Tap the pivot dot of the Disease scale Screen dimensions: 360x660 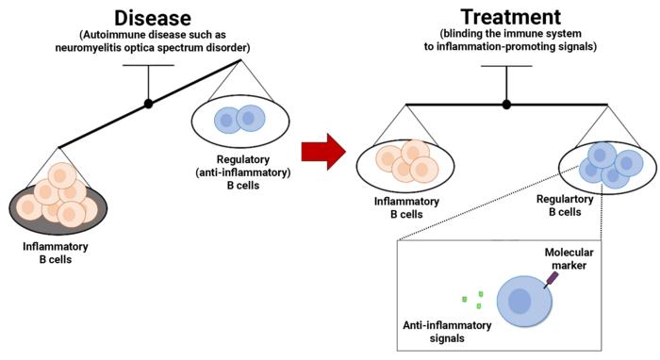[148, 102]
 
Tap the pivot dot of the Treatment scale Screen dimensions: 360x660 [506, 104]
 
